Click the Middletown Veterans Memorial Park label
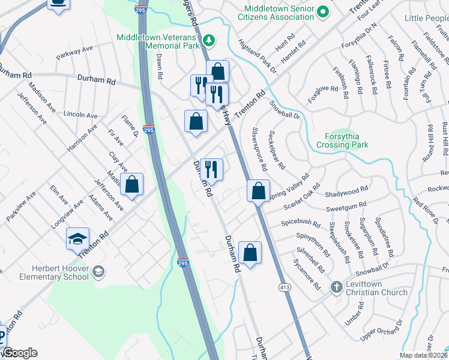[157, 41]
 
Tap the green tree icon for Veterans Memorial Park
[209, 40]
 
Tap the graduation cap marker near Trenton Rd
[78, 239]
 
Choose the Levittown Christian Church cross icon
[337, 287]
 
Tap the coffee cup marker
[58, 4]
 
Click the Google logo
[19, 352]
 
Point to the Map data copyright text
[424, 355]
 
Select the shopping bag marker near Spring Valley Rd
[258, 191]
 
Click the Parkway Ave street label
[74, 53]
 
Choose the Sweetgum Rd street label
[346, 209]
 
